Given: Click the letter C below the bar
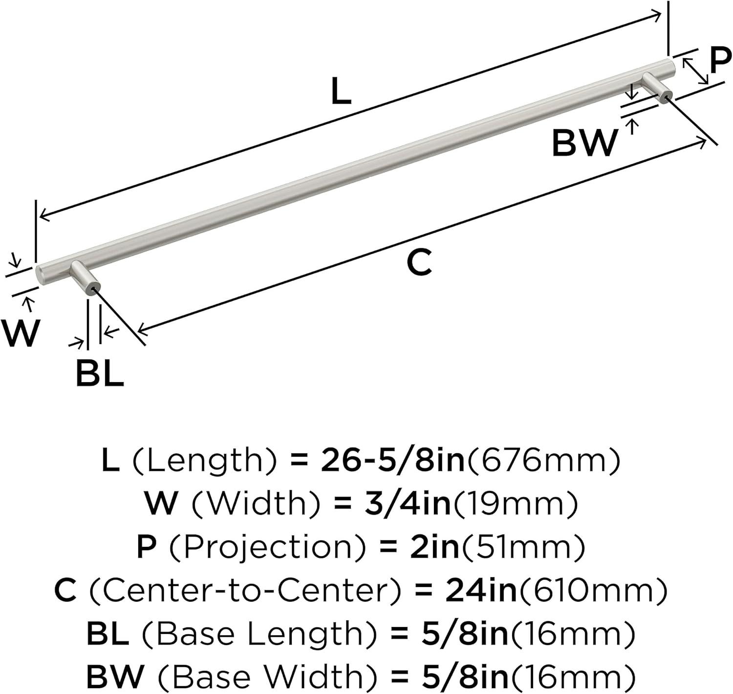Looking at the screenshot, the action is click(419, 262).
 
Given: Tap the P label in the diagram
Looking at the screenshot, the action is click(720, 61).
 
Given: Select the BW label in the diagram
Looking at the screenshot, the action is click(584, 143).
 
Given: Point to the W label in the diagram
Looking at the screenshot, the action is click(21, 333).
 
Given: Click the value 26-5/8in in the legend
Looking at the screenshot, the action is click(392, 461).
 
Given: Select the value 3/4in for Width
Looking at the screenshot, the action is click(408, 504).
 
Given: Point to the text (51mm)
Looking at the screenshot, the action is click(523, 547).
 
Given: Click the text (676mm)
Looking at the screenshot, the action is click(542, 461).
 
